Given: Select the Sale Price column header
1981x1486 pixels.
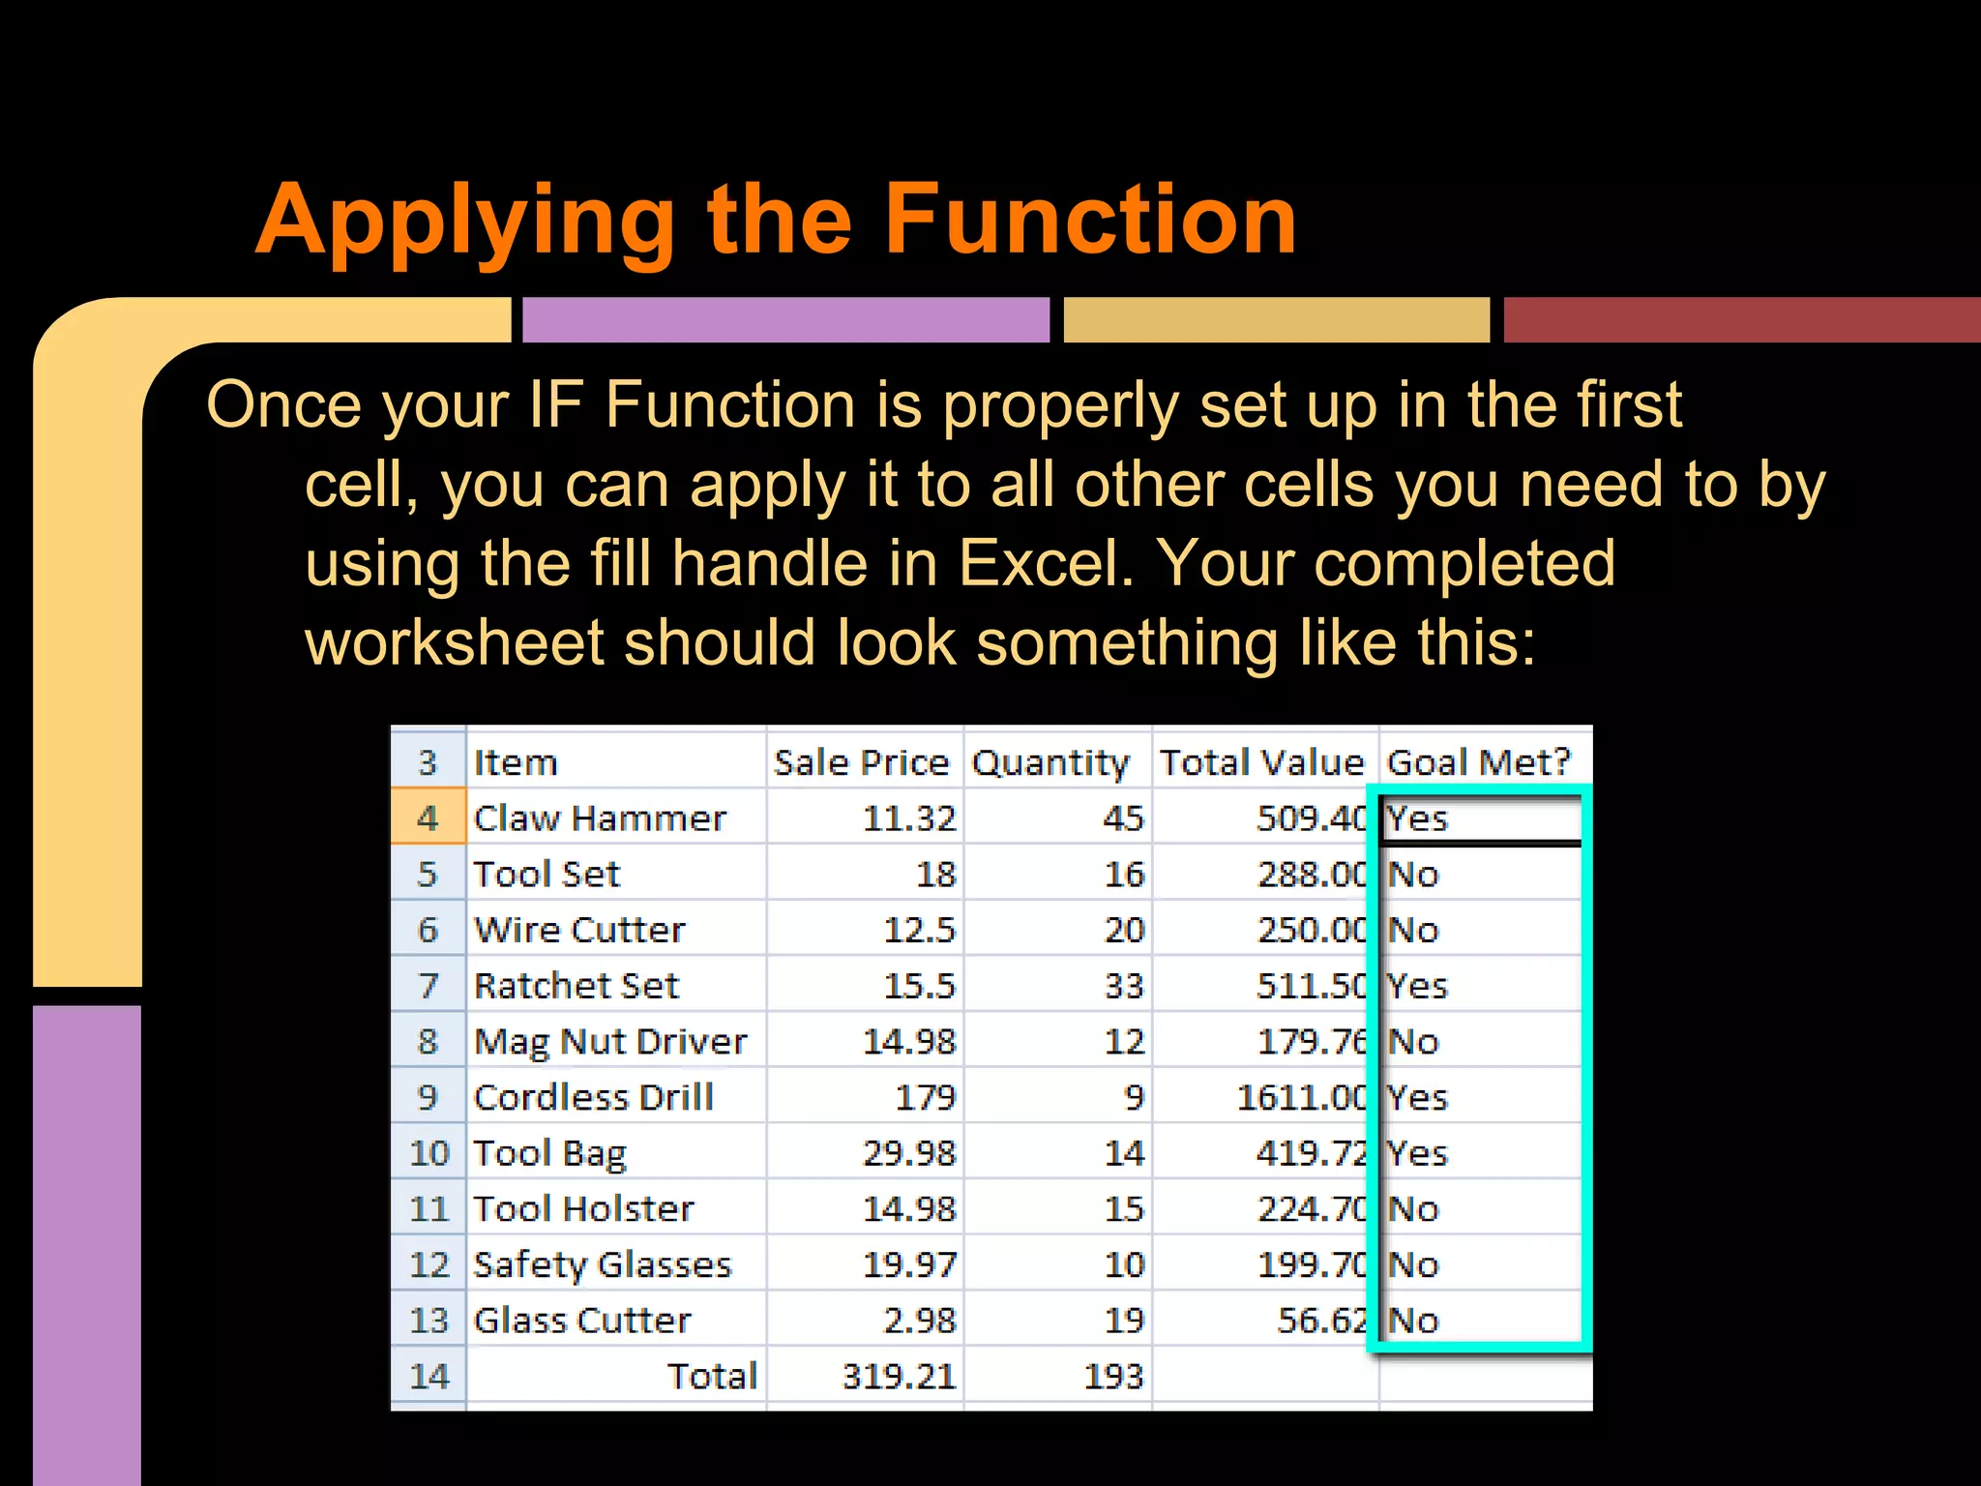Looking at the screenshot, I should [x=861, y=762].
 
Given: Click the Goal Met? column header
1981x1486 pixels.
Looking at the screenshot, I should [x=1478, y=762].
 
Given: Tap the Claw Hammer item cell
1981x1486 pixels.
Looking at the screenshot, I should [x=600, y=818].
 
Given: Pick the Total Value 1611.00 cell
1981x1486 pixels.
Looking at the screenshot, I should [x=1301, y=1097].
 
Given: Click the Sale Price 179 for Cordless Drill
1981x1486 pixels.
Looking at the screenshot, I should [x=925, y=1097].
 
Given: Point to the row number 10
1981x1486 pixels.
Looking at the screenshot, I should [x=429, y=1153].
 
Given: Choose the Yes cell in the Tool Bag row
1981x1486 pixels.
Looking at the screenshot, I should [x=1418, y=1153].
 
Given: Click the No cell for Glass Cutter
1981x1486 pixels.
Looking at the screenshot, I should [x=1414, y=1321].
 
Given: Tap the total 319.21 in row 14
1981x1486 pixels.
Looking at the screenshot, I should [x=899, y=1376].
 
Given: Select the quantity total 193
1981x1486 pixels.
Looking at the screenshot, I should [x=1113, y=1376].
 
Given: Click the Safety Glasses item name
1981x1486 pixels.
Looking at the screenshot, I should [x=603, y=1264].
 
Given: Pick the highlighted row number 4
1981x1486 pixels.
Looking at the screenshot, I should [x=428, y=818].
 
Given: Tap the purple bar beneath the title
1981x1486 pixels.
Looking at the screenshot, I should [x=785, y=320].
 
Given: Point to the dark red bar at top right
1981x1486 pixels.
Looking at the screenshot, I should [x=1741, y=320].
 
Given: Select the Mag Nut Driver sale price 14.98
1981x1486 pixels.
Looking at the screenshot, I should [x=909, y=1042].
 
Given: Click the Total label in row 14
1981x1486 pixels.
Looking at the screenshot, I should [x=712, y=1376].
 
